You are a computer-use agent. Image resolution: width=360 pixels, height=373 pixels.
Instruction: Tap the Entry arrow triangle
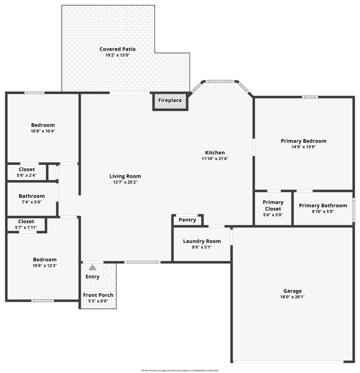92,267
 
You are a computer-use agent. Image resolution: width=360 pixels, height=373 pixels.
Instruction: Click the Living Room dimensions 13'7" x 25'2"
125,182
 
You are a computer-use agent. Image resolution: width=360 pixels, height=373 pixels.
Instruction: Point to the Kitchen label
215,152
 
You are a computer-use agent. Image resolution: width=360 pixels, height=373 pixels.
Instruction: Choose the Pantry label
187,220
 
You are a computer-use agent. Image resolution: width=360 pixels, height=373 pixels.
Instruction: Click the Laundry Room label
202,241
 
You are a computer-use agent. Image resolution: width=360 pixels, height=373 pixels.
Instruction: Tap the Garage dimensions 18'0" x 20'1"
292,297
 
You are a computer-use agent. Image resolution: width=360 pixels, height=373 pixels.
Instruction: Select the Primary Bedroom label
303,141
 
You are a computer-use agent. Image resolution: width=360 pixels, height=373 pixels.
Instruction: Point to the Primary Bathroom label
323,205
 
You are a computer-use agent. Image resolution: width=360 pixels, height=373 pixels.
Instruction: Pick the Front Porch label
98,295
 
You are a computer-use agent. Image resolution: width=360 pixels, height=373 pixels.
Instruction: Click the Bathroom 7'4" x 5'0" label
32,196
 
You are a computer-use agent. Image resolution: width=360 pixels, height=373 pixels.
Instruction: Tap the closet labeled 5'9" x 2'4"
26,176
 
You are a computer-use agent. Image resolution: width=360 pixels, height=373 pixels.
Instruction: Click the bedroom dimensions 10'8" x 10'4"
43,131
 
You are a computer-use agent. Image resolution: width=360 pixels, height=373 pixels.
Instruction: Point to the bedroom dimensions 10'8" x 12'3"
44,266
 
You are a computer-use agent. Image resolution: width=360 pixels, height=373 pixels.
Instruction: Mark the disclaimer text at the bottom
179,370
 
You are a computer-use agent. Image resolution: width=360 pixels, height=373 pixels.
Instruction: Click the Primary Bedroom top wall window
310,97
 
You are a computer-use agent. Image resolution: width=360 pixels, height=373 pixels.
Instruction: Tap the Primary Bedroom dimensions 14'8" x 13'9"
303,147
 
